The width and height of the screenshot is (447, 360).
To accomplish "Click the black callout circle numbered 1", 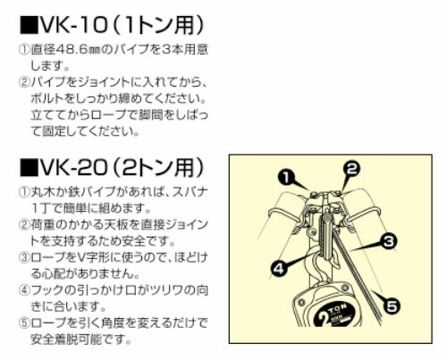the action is [x=286, y=178].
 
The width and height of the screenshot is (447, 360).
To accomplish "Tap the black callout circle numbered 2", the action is [x=351, y=169].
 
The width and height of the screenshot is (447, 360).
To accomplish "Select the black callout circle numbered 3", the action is [x=389, y=241].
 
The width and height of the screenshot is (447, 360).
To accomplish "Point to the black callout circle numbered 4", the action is [x=279, y=268].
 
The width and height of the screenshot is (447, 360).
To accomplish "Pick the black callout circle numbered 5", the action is [x=392, y=306].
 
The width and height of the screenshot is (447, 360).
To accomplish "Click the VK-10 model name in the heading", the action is [x=73, y=25].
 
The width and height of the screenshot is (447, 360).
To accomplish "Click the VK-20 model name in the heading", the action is [x=73, y=168].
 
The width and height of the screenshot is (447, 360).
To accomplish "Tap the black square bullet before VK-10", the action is [x=29, y=25].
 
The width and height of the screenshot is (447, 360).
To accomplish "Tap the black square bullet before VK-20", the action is [x=29, y=168].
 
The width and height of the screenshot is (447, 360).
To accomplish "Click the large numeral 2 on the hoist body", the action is [x=324, y=318].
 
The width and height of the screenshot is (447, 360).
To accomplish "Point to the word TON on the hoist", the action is [x=338, y=308].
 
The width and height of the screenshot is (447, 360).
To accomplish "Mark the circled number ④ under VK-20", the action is [x=23, y=289].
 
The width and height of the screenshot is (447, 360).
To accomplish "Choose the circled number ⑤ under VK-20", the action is [x=23, y=322].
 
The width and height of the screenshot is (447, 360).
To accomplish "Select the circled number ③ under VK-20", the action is [x=23, y=257].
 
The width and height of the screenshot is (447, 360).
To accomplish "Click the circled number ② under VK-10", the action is [x=23, y=82].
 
